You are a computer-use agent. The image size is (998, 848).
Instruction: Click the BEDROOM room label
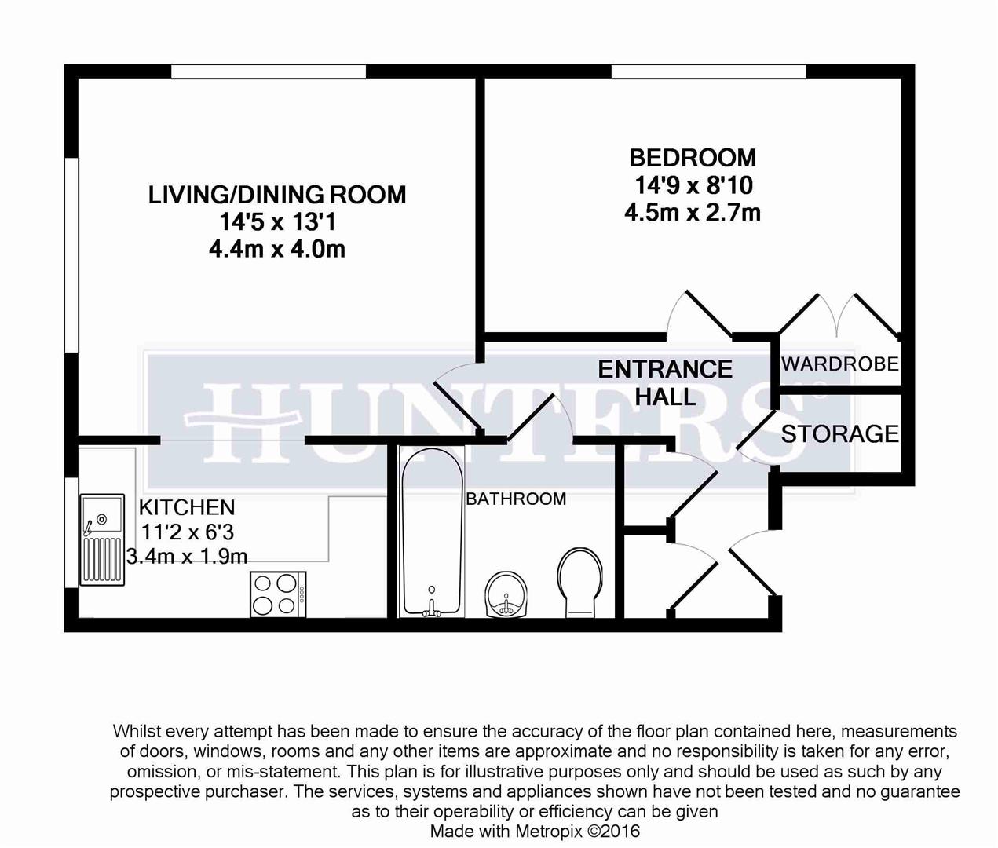pyautogui.click(x=693, y=158)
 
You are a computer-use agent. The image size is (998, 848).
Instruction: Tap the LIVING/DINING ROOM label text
pyautogui.click(x=277, y=195)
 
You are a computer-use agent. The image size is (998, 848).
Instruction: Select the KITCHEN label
pyautogui.click(x=186, y=507)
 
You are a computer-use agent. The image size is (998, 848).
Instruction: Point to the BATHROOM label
pyautogui.click(x=516, y=499)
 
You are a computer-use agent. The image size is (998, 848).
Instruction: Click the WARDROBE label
pyautogui.click(x=839, y=364)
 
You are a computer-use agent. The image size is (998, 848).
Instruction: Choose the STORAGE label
pyautogui.click(x=839, y=433)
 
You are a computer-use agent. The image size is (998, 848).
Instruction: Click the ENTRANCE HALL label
pyautogui.click(x=665, y=382)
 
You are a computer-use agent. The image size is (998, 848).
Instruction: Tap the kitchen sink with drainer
pyautogui.click(x=102, y=539)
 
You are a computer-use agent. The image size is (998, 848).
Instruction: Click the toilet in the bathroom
pyautogui.click(x=581, y=581)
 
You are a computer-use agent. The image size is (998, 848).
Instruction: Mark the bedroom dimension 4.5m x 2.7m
pyautogui.click(x=693, y=212)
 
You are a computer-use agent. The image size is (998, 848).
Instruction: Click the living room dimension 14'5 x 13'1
pyautogui.click(x=277, y=222)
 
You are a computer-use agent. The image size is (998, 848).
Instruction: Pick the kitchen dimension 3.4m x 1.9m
pyautogui.click(x=187, y=557)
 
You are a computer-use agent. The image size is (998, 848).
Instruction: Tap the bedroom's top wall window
pyautogui.click(x=708, y=71)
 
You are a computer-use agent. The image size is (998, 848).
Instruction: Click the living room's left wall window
pyautogui.click(x=71, y=255)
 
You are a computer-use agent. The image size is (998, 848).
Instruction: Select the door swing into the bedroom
pyautogui.click(x=699, y=314)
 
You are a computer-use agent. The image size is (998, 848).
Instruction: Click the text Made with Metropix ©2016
pyautogui.click(x=535, y=831)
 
